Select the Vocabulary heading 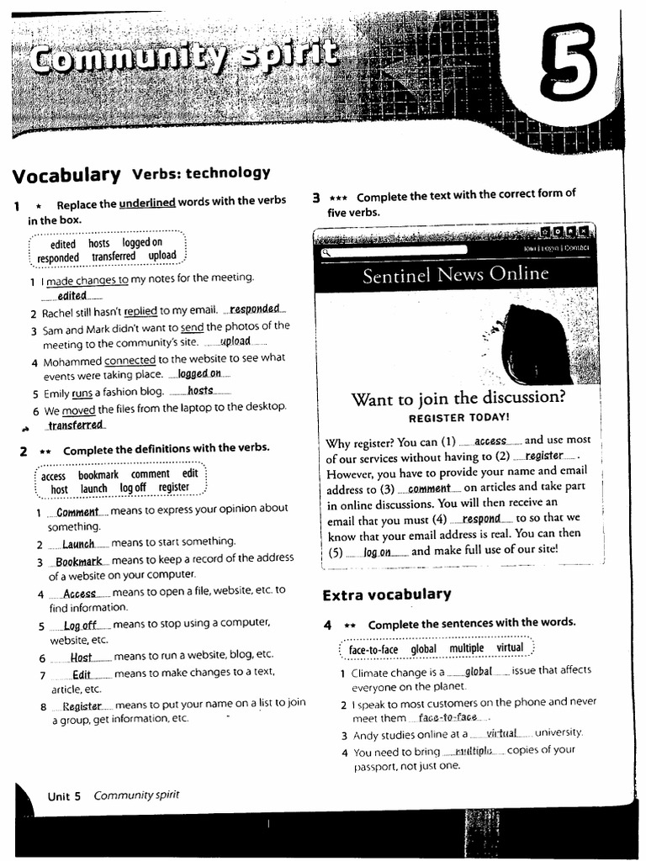pyautogui.click(x=66, y=175)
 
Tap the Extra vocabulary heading pyautogui.click(x=387, y=594)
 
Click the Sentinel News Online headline pyautogui.click(x=455, y=275)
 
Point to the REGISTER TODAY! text pyautogui.click(x=458, y=417)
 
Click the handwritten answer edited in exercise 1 pyautogui.click(x=72, y=295)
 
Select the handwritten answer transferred pyautogui.click(x=76, y=425)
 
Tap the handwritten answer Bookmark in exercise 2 pyautogui.click(x=78, y=561)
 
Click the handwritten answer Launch pyautogui.click(x=78, y=544)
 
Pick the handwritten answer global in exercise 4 pyautogui.click(x=478, y=671)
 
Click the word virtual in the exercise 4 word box pyautogui.click(x=510, y=648)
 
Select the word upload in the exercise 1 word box pyautogui.click(x=162, y=256)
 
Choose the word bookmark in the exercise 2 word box pyautogui.click(x=98, y=475)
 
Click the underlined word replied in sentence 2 pyautogui.click(x=140, y=311)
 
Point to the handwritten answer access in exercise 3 pyautogui.click(x=490, y=441)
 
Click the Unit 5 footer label pyautogui.click(x=64, y=795)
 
